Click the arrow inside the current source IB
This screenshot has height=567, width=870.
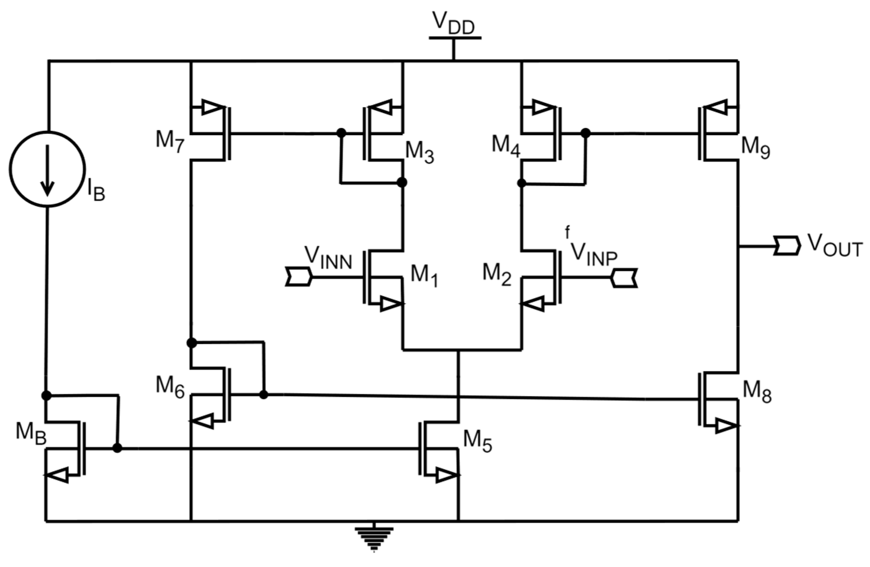[47, 170]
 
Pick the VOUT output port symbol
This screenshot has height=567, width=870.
[787, 246]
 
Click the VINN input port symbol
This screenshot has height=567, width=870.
[298, 277]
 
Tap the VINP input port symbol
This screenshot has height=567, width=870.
[624, 278]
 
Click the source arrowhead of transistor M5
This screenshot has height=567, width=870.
[446, 476]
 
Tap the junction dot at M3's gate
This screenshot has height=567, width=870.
[341, 133]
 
